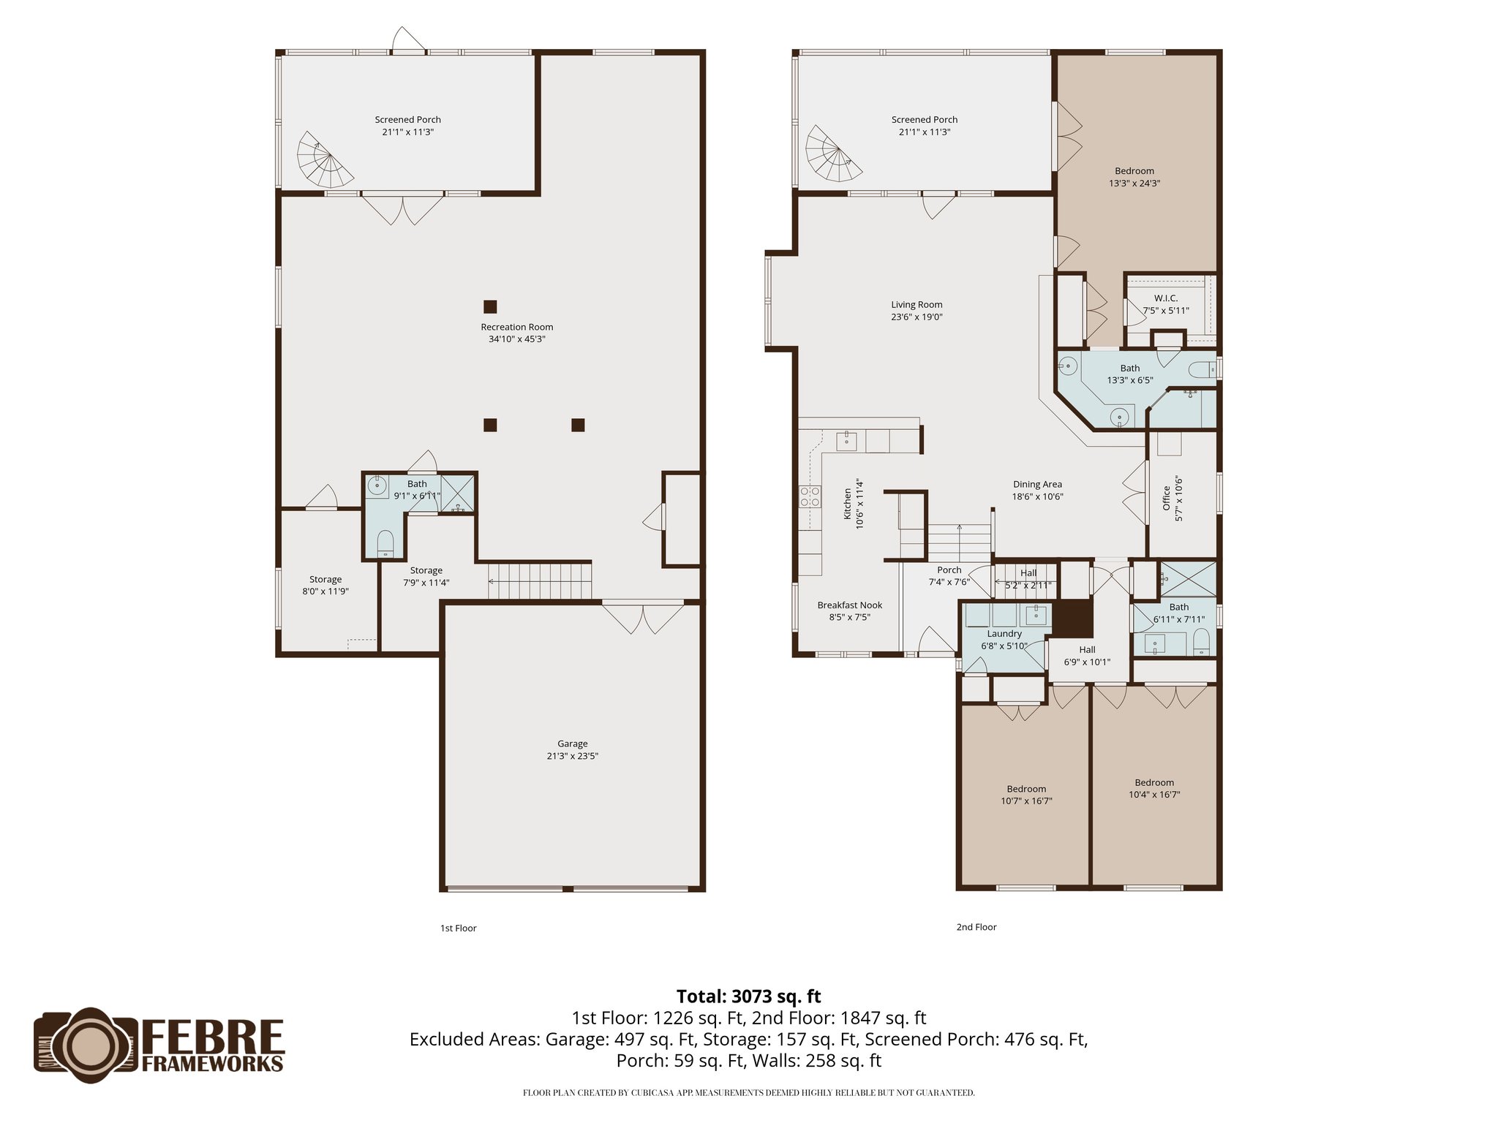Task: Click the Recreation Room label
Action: coord(516,327)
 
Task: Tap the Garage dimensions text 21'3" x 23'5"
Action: coord(572,756)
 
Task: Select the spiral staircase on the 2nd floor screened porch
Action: coord(833,154)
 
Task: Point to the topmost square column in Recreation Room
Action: coord(490,306)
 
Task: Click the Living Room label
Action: coord(917,305)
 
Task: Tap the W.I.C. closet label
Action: coord(1166,298)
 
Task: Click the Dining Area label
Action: coord(1037,484)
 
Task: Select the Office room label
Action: coord(1167,499)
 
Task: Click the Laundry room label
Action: coord(1004,634)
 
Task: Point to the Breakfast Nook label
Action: coord(849,605)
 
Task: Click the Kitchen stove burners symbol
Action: coord(810,497)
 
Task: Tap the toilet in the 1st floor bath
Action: coord(385,544)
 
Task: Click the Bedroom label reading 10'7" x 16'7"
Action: coord(1025,795)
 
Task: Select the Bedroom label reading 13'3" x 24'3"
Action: coord(1134,177)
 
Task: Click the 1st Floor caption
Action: coord(458,928)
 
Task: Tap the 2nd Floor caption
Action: coord(976,927)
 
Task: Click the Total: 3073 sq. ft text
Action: coord(748,997)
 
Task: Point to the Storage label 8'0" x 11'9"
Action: coord(325,585)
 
